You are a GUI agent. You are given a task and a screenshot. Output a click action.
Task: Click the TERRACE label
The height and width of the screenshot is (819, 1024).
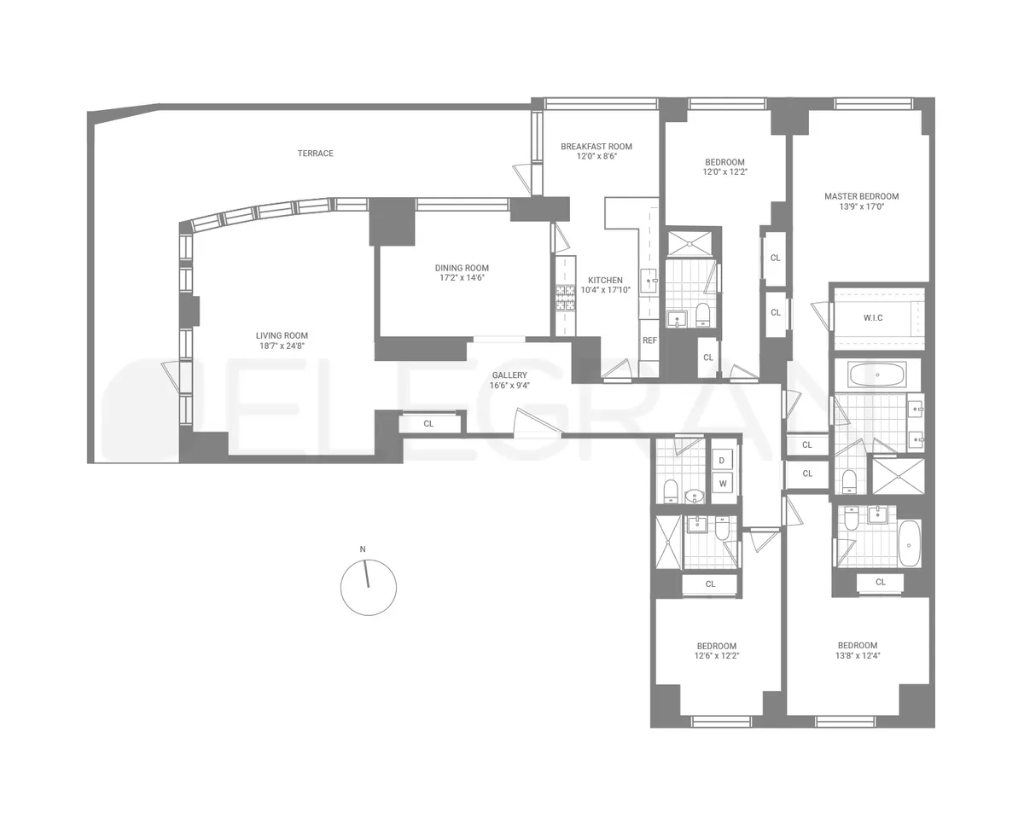point(315,154)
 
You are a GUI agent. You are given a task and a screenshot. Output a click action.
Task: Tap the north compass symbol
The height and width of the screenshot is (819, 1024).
point(368,587)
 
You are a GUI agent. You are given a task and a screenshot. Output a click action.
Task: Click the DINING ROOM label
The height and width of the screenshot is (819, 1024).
point(462,268)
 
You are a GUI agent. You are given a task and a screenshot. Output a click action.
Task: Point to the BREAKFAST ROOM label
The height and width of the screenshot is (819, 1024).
point(596,147)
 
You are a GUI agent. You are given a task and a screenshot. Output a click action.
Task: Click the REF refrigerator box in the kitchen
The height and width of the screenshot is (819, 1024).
point(649,340)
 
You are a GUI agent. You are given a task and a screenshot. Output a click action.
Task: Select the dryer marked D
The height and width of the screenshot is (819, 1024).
point(722,461)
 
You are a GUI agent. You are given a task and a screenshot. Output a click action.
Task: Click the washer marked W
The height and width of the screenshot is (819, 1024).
point(722,484)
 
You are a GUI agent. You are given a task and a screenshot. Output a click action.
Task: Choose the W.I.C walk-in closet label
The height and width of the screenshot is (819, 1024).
point(872,318)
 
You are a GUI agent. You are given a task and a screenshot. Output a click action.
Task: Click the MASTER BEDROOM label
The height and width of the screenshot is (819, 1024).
point(861,196)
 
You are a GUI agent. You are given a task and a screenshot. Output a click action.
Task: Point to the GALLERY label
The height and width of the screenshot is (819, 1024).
point(509,375)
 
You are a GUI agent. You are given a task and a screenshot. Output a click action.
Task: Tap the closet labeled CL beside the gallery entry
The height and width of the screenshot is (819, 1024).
point(428,423)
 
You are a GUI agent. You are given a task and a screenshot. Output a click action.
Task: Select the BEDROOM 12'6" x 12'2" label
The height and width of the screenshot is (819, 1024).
point(715,646)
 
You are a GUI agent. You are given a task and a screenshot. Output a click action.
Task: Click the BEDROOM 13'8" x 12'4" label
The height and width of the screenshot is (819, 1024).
point(857,645)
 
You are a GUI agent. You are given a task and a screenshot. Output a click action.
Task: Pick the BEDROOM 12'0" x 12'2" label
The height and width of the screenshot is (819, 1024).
point(724,162)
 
